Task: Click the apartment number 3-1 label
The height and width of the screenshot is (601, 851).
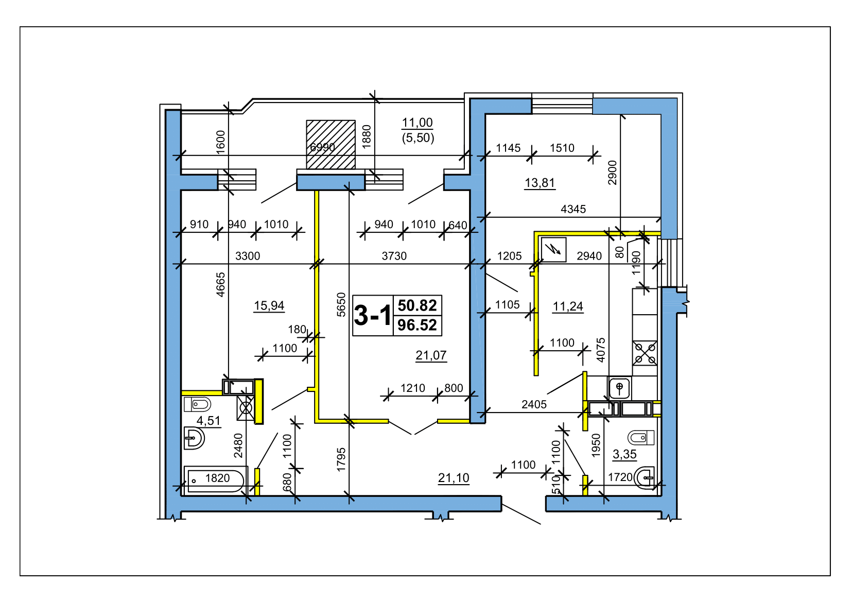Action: [x=372, y=316]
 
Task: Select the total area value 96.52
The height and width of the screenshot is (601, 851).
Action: [x=417, y=325]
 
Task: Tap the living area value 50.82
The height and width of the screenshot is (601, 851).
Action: [x=417, y=305]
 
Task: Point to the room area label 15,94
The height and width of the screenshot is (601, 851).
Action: [x=269, y=305]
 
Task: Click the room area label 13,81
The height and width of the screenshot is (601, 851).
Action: [x=540, y=183]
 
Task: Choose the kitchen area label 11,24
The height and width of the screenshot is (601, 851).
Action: [x=567, y=306]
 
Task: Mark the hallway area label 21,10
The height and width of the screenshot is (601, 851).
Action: [x=454, y=478]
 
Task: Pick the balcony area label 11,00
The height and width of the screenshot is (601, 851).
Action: [x=417, y=123]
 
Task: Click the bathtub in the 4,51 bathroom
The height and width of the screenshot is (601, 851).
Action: [x=215, y=480]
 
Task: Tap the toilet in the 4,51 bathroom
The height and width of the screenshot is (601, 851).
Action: [x=197, y=404]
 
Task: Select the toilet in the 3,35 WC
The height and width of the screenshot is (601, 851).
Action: [x=641, y=438]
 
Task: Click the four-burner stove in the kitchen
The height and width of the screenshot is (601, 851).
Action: [x=645, y=353]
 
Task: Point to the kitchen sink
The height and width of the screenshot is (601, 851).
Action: [x=619, y=388]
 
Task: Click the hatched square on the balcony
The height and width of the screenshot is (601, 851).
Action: [x=331, y=144]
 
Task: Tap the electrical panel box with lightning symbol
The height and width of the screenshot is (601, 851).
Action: [x=553, y=250]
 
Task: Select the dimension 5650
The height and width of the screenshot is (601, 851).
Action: [x=341, y=304]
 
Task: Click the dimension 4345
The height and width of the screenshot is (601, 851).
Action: [x=574, y=209]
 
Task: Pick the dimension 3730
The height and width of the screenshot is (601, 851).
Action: [x=394, y=256]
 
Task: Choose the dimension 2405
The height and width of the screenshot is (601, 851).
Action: [x=534, y=404]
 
